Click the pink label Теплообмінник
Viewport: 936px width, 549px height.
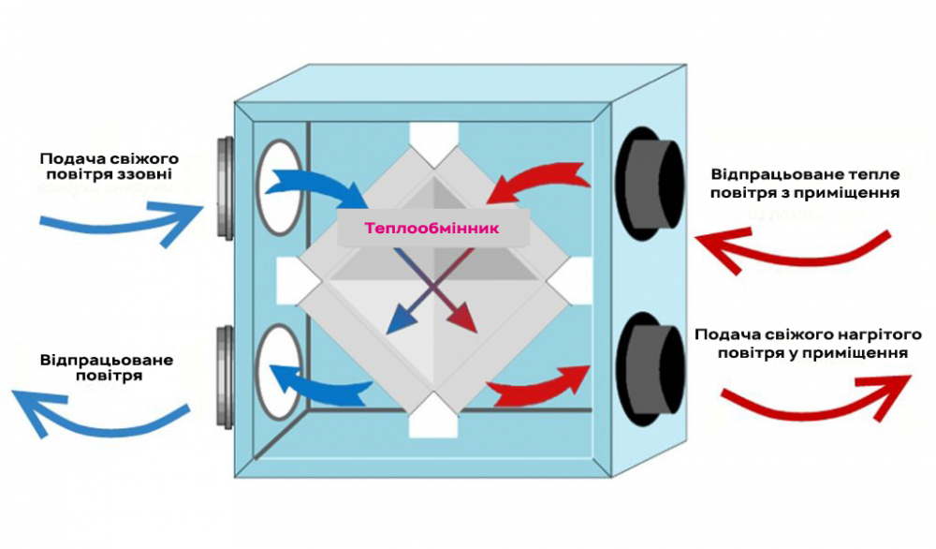click(433, 228)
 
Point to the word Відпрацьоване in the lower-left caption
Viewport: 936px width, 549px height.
click(107, 359)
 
